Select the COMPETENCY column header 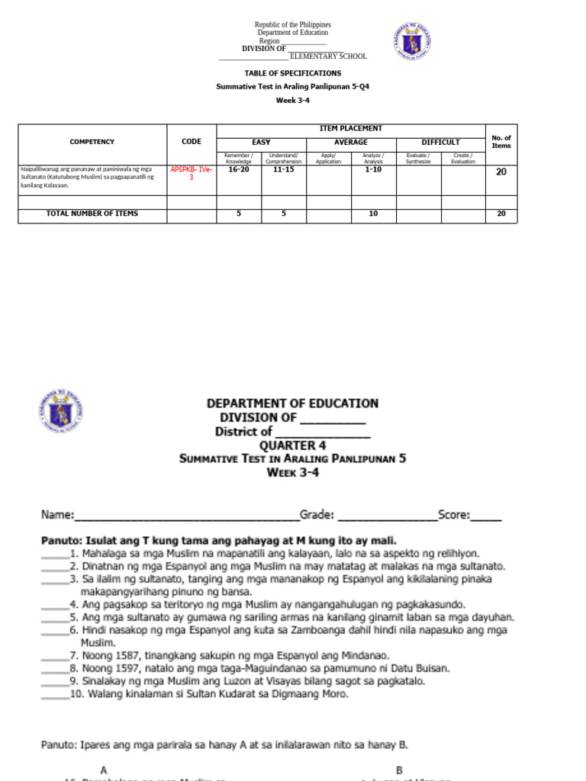[92, 142]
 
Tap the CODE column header [192, 142]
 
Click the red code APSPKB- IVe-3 [191, 172]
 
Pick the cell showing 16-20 [239, 171]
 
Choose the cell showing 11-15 [283, 171]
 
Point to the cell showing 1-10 [373, 171]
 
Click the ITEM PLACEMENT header [351, 129]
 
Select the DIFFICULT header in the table [440, 142]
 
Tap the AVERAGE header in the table [351, 142]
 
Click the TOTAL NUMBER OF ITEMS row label [92, 214]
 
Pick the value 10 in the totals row [373, 214]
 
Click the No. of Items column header [501, 142]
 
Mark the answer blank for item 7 [55, 656]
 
